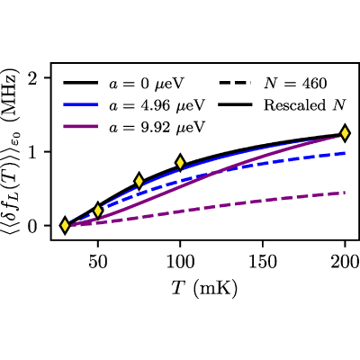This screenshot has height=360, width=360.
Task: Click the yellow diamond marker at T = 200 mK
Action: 345,133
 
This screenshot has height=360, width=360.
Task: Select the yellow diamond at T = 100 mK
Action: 180,163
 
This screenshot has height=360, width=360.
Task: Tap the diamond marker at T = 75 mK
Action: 139,181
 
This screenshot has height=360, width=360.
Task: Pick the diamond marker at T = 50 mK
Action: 97,211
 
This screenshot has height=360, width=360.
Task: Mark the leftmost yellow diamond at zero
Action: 65,225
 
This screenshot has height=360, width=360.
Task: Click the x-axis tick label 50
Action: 97,262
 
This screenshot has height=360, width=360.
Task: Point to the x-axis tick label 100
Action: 180,262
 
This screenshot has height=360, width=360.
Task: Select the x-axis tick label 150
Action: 263,262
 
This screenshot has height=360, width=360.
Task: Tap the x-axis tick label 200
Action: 345,262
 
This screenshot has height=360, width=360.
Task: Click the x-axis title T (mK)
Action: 204,289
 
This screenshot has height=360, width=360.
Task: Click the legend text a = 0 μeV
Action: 146,84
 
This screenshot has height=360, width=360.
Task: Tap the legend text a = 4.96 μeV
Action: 157,105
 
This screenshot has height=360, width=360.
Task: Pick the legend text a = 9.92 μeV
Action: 157,127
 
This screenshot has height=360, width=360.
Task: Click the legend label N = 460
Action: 295,84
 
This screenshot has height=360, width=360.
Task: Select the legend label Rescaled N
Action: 305,105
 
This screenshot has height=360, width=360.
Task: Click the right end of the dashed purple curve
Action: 345,193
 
